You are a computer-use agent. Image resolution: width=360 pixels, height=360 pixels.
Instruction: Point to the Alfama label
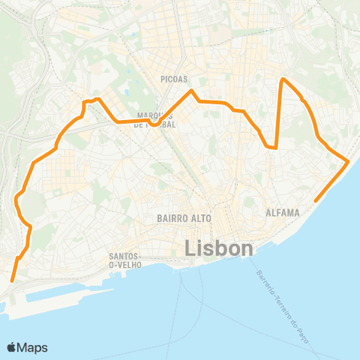tap(283, 213)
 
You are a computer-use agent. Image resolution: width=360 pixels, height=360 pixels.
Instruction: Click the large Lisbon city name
tap(218, 247)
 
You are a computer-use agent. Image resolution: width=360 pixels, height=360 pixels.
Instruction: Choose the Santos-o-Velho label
tap(121, 260)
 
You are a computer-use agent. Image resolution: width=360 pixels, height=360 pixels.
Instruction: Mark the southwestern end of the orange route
tap(12, 281)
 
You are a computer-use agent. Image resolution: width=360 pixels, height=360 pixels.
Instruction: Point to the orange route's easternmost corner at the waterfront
tap(349, 160)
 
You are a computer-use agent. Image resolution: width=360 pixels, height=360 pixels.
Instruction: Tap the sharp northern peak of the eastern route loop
tap(282, 79)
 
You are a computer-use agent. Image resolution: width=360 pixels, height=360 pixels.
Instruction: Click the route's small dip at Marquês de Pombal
tap(152, 124)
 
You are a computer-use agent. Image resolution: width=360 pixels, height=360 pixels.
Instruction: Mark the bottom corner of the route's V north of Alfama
tap(276, 148)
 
